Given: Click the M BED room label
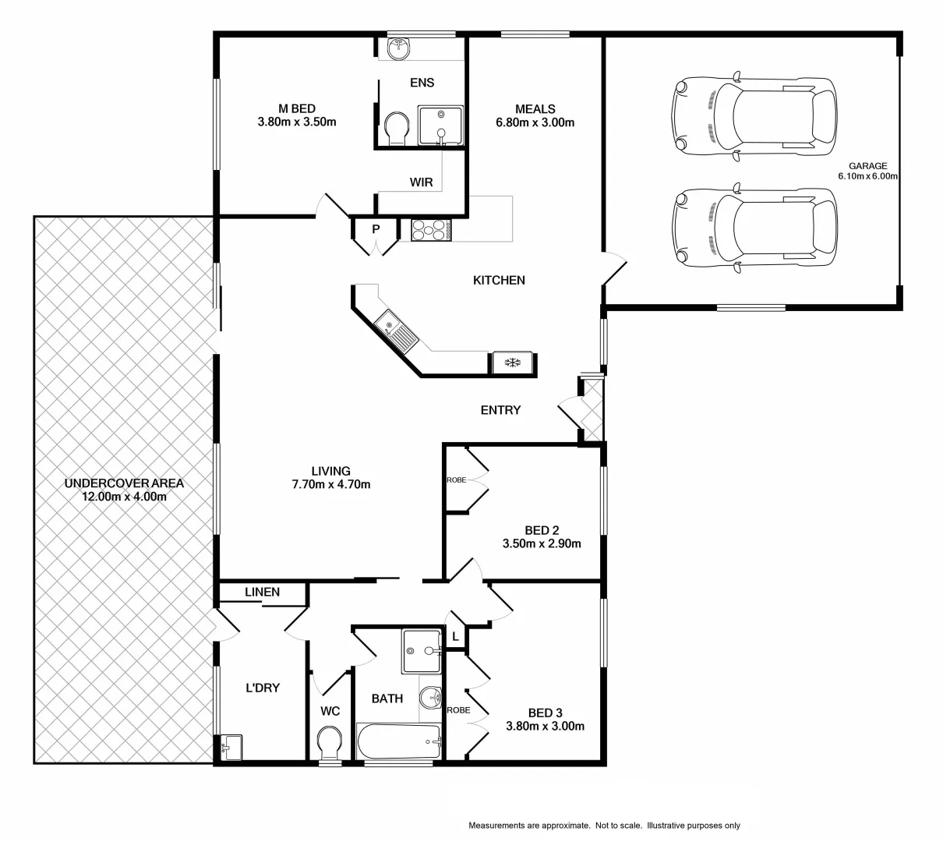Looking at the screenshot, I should (296, 108).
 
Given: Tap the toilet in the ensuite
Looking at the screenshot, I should (397, 128).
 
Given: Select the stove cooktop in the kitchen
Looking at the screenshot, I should (431, 230).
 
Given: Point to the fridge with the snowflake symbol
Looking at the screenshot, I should (512, 363).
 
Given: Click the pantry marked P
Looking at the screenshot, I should (376, 229).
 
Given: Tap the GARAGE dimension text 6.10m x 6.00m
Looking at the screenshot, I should (868, 176).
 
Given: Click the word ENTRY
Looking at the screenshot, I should (500, 410).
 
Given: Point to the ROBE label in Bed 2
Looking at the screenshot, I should (456, 480).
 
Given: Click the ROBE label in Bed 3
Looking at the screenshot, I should (458, 710).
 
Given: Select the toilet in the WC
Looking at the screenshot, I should (330, 742).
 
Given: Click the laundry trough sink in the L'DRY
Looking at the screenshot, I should (231, 748).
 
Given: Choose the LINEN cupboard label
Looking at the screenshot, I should (262, 593).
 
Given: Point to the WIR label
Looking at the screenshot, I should (422, 182).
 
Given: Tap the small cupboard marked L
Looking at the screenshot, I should (455, 637).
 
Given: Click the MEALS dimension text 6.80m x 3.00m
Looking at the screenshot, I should (535, 122).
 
